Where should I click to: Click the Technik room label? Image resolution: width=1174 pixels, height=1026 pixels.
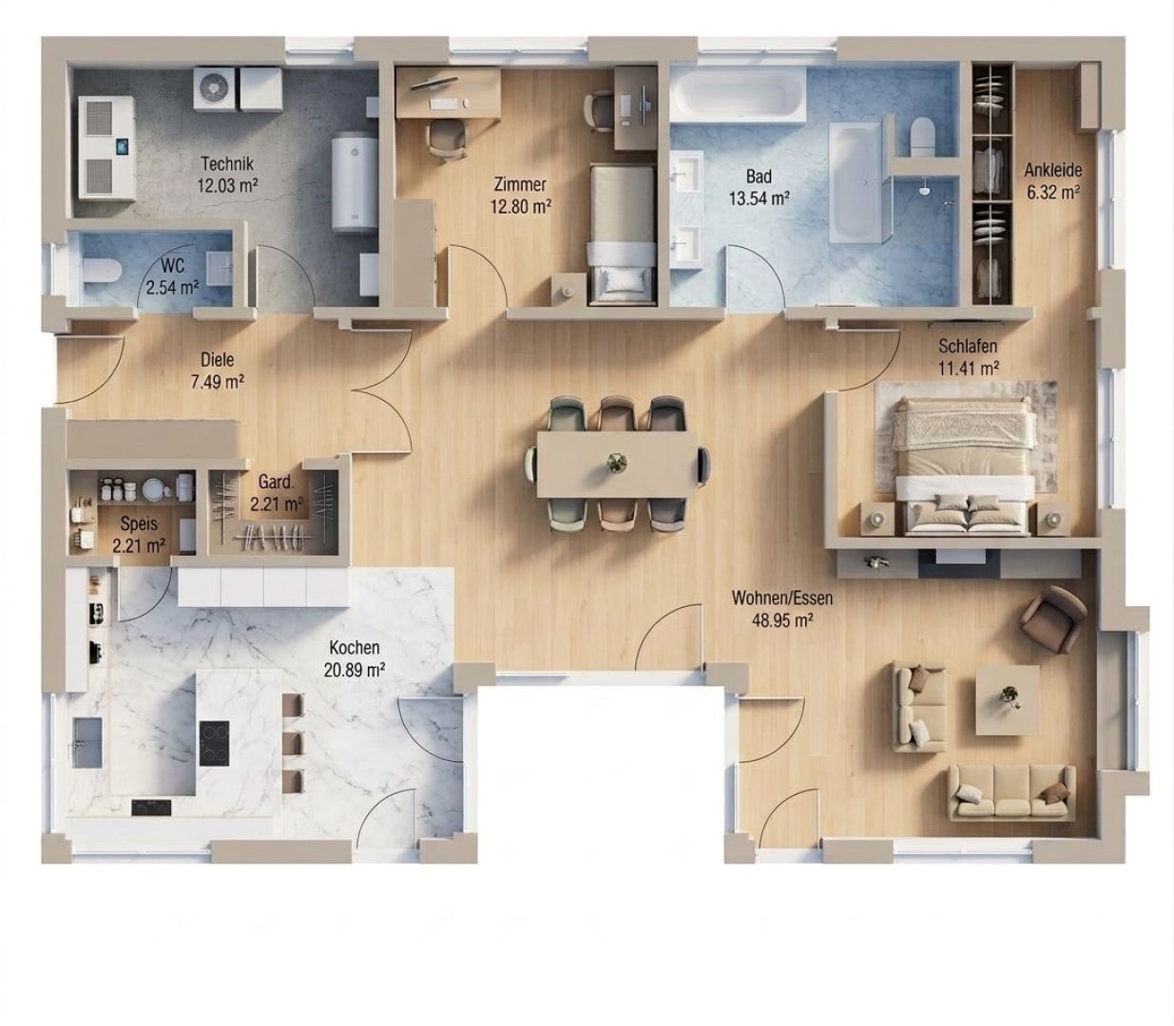(x=226, y=164)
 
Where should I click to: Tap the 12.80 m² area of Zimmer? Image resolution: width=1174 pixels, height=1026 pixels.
(x=520, y=206)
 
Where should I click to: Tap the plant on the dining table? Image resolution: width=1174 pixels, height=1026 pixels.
(x=617, y=463)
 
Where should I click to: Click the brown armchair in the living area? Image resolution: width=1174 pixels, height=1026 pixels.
(x=1053, y=619)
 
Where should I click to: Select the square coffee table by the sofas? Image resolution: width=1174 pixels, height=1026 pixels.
(x=1008, y=699)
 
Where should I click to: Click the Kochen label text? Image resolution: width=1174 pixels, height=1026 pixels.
(x=354, y=648)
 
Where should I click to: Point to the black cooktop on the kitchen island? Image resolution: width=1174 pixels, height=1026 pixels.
(x=214, y=743)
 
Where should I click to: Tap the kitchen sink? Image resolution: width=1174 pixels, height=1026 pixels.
(x=87, y=742)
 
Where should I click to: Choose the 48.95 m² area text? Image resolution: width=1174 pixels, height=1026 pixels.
(x=782, y=620)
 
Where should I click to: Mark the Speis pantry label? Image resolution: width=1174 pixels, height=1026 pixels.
(x=139, y=523)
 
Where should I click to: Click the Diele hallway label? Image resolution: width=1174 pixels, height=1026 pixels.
(x=218, y=360)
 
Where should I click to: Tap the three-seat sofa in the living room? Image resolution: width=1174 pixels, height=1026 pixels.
(x=1010, y=792)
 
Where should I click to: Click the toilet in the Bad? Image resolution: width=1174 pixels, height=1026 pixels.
(x=923, y=137)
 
